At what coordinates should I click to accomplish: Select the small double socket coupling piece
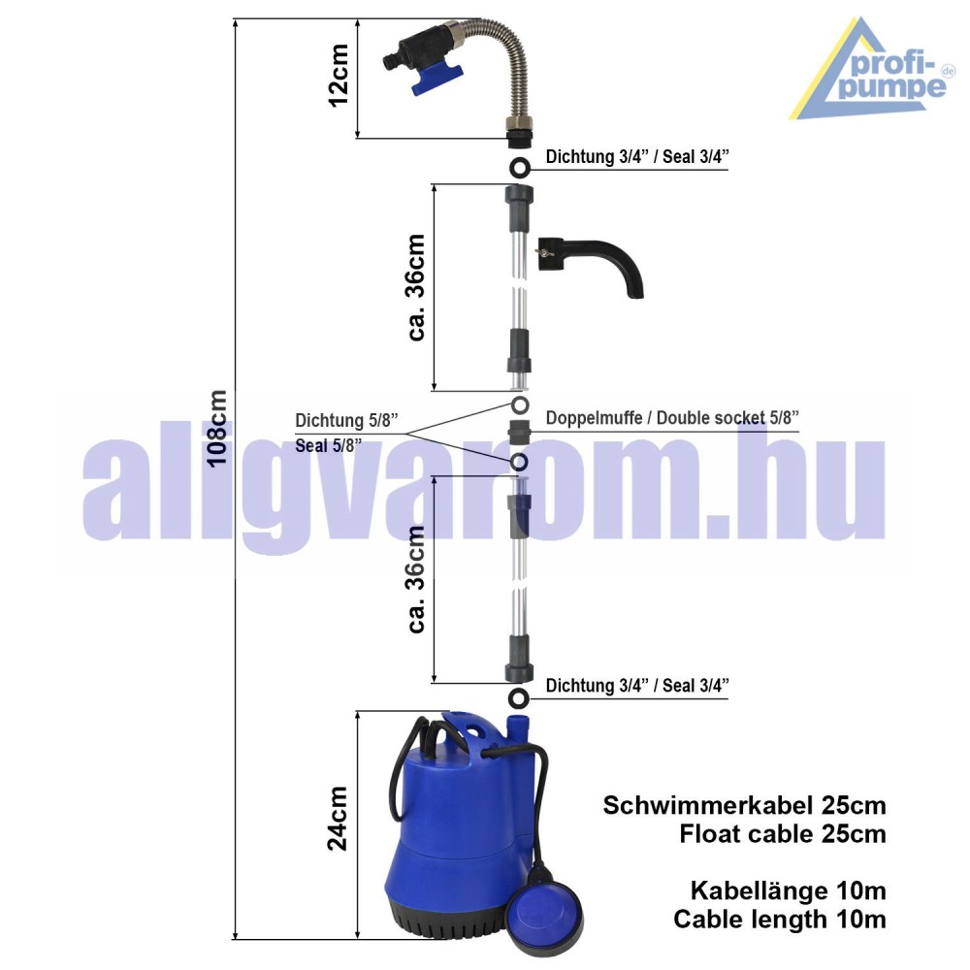click(519, 432)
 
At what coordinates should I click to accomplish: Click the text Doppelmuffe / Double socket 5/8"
click(672, 418)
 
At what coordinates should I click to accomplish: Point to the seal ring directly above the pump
click(519, 698)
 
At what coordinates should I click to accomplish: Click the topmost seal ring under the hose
click(519, 167)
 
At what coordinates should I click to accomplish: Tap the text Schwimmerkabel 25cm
click(744, 805)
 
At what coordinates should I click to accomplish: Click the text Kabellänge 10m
click(788, 889)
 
